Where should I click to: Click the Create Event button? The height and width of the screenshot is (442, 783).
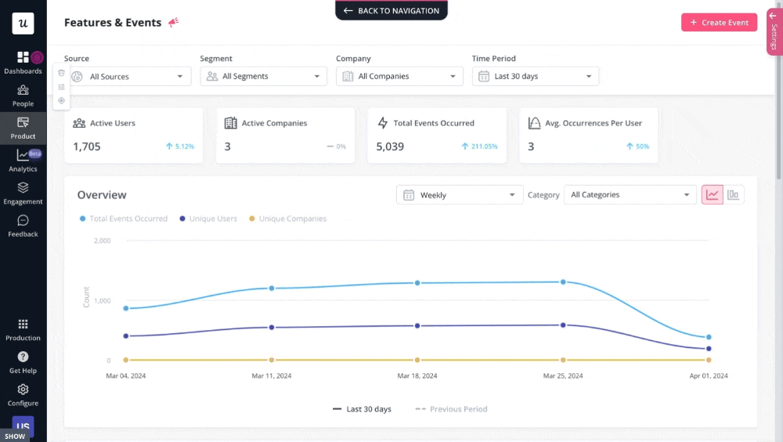719,23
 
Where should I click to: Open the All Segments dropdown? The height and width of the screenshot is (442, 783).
264,77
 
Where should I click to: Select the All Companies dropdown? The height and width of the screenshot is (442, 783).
399,77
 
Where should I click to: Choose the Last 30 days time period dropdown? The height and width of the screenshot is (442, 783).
536,77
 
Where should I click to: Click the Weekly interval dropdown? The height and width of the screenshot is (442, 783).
460,195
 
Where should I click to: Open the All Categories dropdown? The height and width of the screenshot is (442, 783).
630,195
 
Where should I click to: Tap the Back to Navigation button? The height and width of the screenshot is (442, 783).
391,11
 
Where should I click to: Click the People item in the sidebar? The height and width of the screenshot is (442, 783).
23,95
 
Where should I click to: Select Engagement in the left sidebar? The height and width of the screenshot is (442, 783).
23,193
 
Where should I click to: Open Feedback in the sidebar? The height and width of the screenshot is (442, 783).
23,226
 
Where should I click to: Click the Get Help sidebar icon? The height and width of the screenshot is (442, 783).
23,362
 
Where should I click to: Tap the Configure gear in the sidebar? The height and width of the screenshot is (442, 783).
23,394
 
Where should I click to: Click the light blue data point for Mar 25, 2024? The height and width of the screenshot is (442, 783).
563,281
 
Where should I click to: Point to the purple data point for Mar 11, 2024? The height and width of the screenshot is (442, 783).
272,328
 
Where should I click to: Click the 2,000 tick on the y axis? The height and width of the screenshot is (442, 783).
102,241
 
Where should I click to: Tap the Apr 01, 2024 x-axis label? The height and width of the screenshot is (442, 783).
709,376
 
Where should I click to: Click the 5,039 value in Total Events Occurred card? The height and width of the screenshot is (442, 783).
390,147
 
